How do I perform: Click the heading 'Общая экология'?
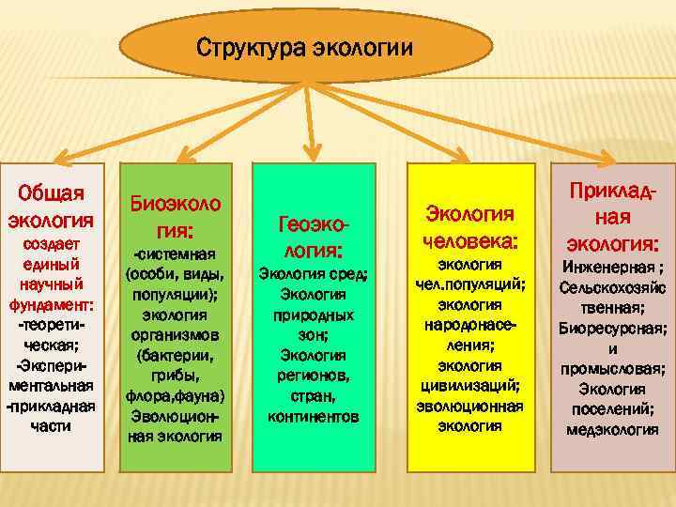52,207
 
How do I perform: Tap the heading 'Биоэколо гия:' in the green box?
176,215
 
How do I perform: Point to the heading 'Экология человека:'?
470,227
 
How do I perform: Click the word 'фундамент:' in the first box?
52,305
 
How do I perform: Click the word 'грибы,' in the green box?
176,376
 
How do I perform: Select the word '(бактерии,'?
176,356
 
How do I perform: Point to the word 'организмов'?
176,335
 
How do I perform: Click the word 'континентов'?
314,415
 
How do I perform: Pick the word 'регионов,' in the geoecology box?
314,376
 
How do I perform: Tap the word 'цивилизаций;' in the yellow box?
470,386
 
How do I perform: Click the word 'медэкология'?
611,430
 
